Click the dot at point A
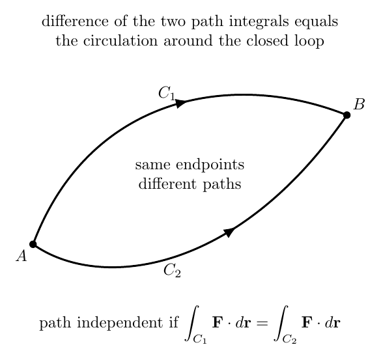33,244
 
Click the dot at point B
346,115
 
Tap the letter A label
21,256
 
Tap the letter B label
359,104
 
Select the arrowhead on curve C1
180,103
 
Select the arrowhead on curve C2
229,232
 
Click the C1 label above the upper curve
167,93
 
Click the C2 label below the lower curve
172,270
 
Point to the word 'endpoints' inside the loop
210,165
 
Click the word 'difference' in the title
75,21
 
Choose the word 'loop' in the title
309,41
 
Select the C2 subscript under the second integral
289,339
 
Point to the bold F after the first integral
217,323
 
